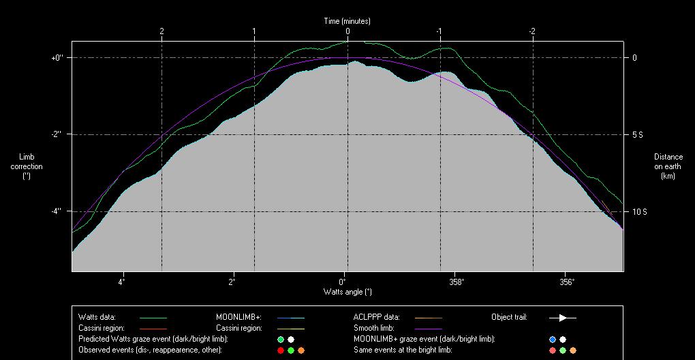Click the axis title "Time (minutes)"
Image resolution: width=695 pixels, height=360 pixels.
pyautogui.click(x=347, y=21)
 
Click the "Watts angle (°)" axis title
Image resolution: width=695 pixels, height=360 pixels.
pyautogui.click(x=347, y=292)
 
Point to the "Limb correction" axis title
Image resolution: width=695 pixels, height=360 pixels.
pyautogui.click(x=27, y=166)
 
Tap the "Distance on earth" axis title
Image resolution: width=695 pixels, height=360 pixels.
pyautogui.click(x=668, y=166)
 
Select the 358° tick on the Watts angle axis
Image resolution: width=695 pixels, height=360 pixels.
pyautogui.click(x=457, y=282)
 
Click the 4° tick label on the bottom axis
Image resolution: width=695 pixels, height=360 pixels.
pyautogui.click(x=122, y=282)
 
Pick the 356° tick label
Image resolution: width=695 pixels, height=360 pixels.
pyautogui.click(x=567, y=282)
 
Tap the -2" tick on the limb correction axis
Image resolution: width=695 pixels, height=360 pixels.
pyautogui.click(x=57, y=135)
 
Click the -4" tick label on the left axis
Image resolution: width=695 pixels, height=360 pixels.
pyautogui.click(x=57, y=211)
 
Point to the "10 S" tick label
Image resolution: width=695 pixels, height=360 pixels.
pyautogui.click(x=640, y=212)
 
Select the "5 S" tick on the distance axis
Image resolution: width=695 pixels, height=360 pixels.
pyautogui.click(x=638, y=135)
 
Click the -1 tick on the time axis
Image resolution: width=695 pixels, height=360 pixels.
pyautogui.click(x=439, y=31)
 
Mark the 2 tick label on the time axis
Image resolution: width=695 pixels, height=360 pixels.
pyautogui.click(x=161, y=31)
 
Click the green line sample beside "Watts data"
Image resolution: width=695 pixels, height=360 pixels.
pyautogui.click(x=153, y=318)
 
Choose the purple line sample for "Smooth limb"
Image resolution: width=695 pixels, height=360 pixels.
pyautogui.click(x=428, y=329)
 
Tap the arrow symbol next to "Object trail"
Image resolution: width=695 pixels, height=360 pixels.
pyautogui.click(x=563, y=318)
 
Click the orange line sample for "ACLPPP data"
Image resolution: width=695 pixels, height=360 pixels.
pyautogui.click(x=428, y=318)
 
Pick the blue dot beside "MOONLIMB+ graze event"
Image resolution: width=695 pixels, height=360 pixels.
pyautogui.click(x=553, y=339)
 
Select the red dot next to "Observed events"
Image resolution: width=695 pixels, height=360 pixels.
pyautogui.click(x=280, y=350)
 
